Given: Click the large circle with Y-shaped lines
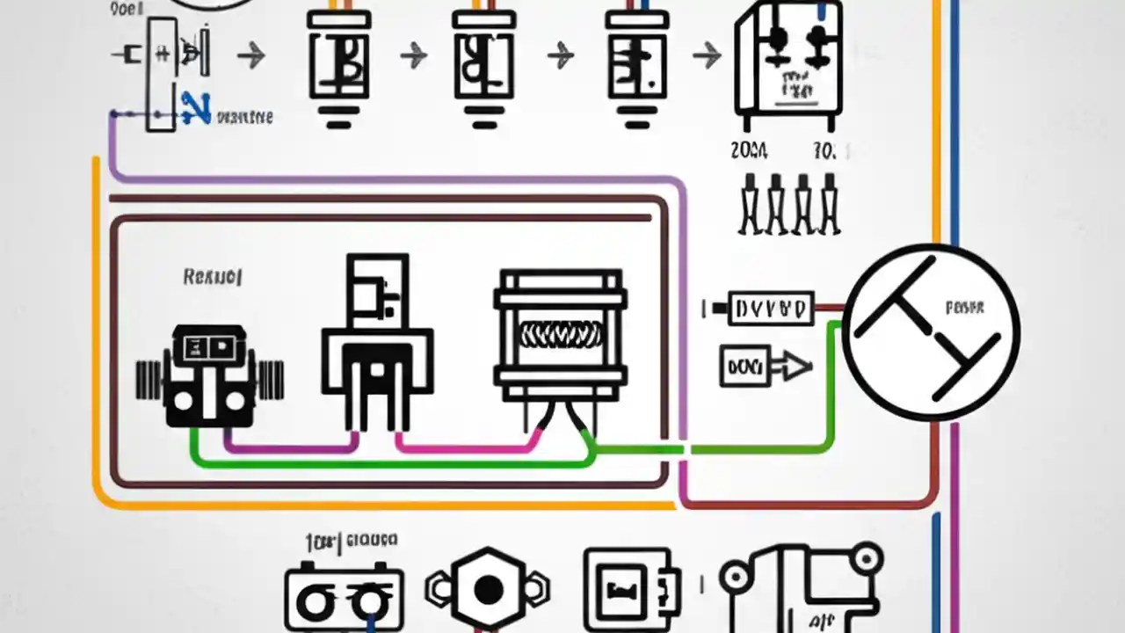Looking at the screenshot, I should [930, 332].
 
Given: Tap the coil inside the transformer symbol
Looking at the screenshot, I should [561, 334].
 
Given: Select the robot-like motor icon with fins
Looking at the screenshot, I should [209, 376].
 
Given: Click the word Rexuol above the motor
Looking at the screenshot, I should [212, 277].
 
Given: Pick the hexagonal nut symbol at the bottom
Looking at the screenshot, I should [488, 588].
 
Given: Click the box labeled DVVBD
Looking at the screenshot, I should [771, 309].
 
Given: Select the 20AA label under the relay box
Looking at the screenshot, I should [749, 151].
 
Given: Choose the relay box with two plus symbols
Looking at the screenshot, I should [788, 60].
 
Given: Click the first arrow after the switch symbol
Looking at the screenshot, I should [251, 57].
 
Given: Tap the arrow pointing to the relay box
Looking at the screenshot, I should [706, 57].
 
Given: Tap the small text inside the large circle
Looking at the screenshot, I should [964, 309].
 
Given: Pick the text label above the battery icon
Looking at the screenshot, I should [351, 541].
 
